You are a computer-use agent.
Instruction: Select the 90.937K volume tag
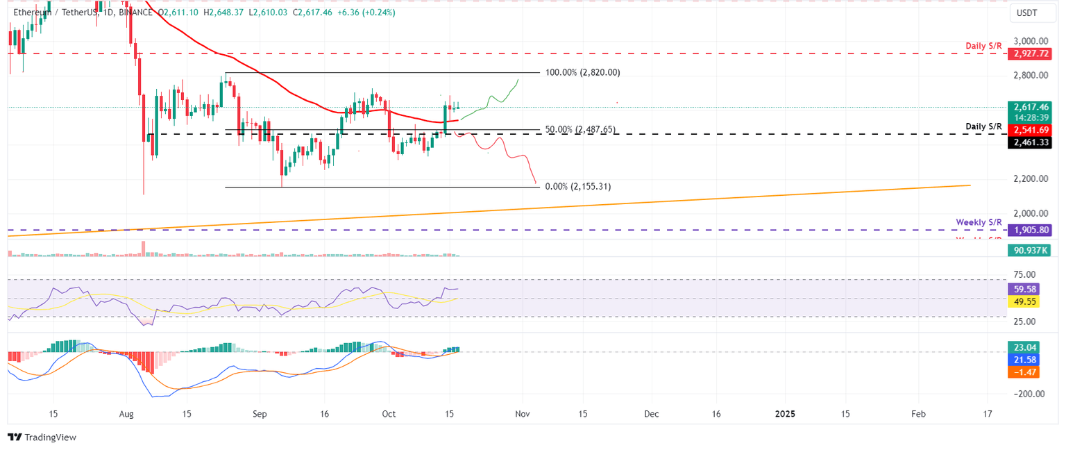(1031, 249)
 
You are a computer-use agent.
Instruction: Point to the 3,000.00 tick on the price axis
(1030, 42)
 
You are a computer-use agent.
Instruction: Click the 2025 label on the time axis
(785, 414)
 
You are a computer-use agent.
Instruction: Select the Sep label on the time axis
(259, 414)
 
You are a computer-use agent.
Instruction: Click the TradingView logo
(42, 437)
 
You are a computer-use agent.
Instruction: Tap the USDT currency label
(1027, 12)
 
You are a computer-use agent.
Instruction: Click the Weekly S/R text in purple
(979, 222)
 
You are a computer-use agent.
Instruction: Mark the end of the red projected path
(536, 183)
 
